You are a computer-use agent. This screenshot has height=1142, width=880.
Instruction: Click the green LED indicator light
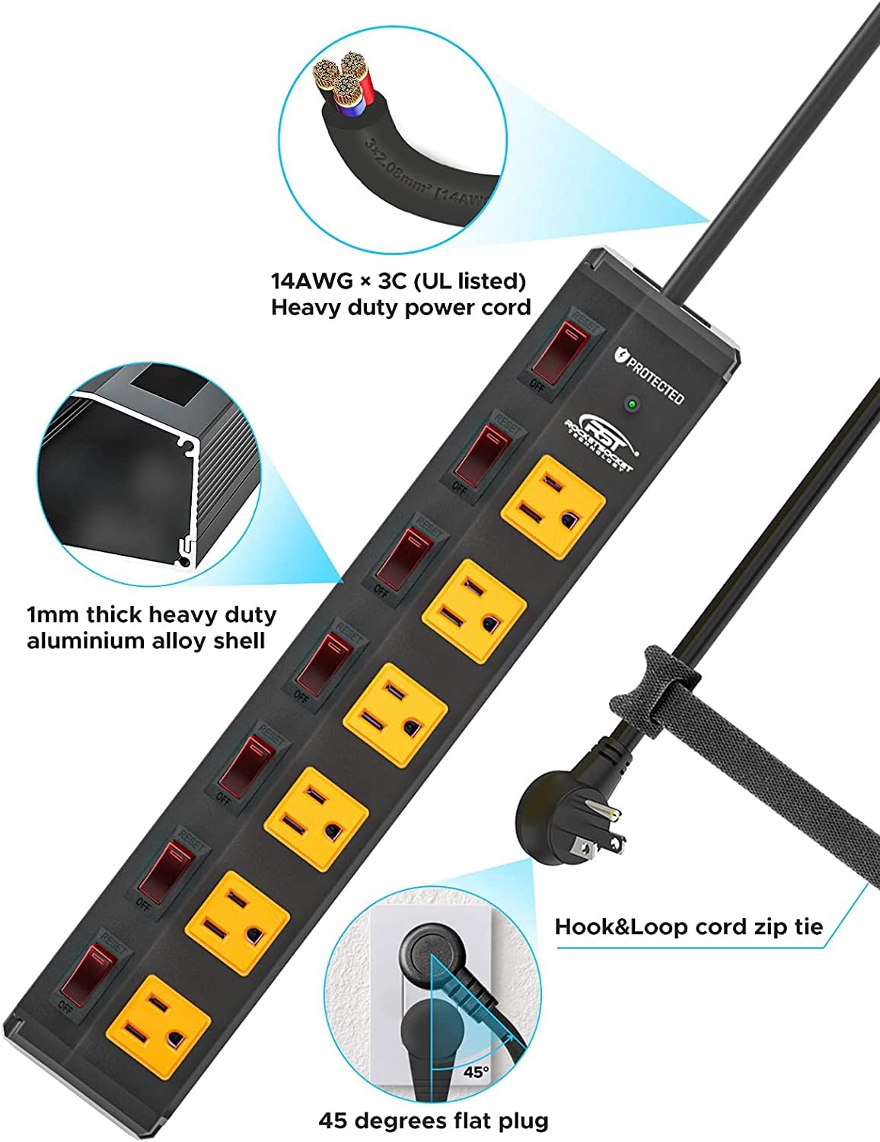point(630,404)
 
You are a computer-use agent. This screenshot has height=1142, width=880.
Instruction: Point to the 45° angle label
point(475,1073)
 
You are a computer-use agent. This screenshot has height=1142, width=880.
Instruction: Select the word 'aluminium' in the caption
point(85,641)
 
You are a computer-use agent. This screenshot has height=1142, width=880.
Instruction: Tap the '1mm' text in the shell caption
point(53,615)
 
